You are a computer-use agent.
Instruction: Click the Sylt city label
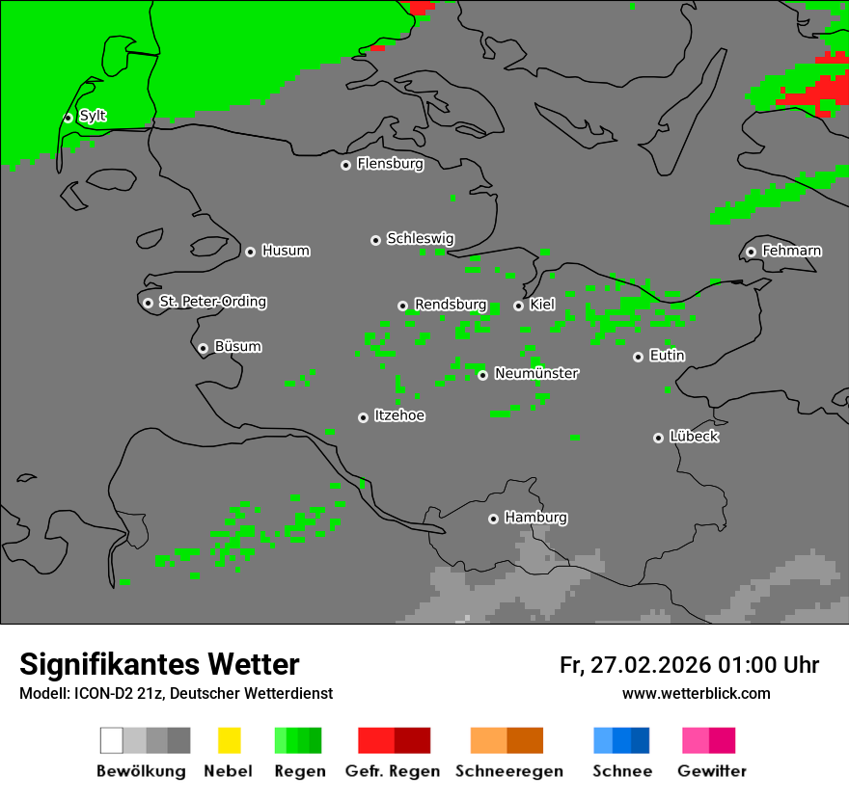[93, 116]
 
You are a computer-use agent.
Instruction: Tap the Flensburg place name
[390, 164]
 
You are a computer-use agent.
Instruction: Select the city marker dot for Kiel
[518, 306]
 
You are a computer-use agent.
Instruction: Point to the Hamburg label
[535, 518]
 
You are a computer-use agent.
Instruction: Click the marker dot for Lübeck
[658, 438]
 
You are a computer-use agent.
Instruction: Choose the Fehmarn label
[791, 251]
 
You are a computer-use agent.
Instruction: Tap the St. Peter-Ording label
[212, 302]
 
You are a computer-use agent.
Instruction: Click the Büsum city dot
[203, 348]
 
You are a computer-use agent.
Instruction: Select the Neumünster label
[536, 373]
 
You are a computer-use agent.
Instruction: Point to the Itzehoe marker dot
[363, 417]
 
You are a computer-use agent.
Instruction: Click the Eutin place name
[667, 356]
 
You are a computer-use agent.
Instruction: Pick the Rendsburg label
[450, 305]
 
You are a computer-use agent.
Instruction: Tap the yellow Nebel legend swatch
[229, 740]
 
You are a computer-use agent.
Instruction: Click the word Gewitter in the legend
[712, 771]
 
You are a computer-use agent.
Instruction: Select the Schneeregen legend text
[509, 771]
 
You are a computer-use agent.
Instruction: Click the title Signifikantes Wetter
[159, 665]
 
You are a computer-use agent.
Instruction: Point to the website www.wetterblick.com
[696, 693]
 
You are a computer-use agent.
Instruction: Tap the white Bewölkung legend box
[111, 740]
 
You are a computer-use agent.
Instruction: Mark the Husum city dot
[250, 252]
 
